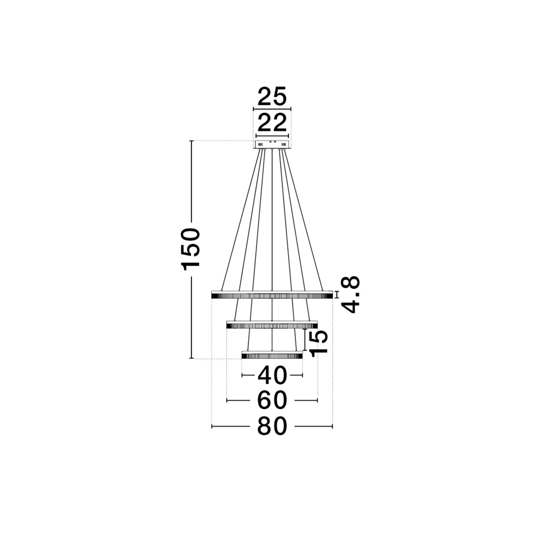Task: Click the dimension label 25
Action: [272, 97]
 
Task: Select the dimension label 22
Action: [272, 123]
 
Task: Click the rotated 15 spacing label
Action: [318, 343]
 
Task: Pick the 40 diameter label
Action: [272, 375]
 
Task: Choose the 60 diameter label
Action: [272, 400]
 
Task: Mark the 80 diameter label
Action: [272, 426]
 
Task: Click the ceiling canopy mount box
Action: [272, 144]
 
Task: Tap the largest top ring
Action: [272, 295]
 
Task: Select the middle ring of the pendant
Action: [272, 325]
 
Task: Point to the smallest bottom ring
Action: [272, 356]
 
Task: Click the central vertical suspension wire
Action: [272, 219]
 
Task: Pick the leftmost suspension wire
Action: [241, 219]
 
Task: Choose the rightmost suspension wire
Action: [304, 219]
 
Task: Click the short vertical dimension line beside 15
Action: [304, 339]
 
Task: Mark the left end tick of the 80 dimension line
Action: [212, 426]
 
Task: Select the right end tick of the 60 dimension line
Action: [317, 400]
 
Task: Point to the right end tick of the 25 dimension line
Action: [291, 109]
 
